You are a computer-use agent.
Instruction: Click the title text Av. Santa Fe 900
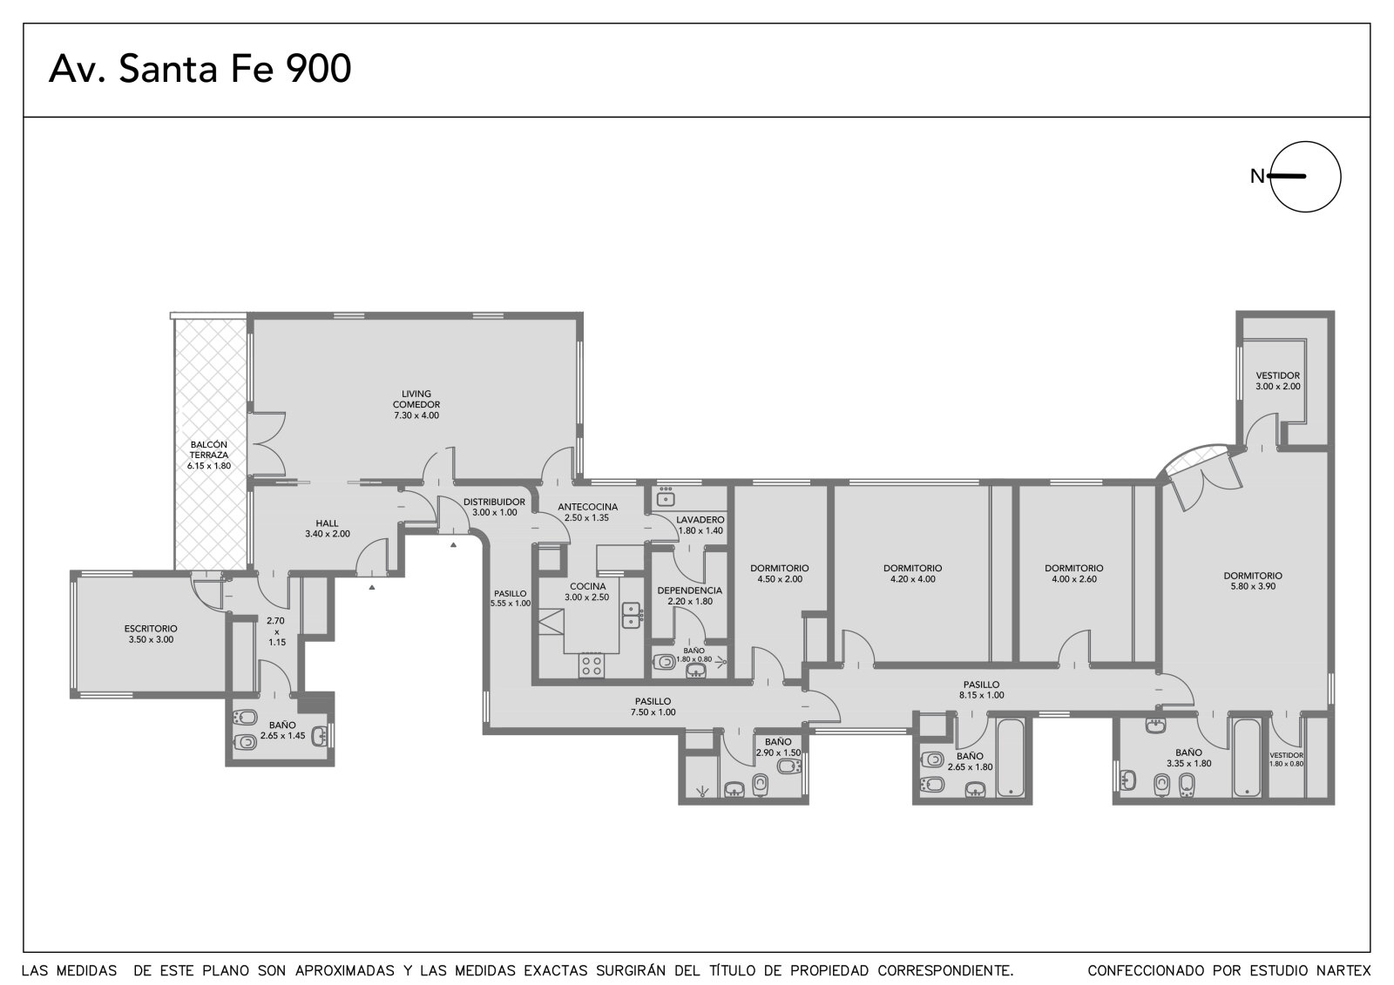click(x=200, y=69)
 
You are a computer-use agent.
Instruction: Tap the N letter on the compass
click(x=1257, y=177)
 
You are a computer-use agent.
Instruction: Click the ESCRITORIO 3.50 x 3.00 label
click(x=151, y=634)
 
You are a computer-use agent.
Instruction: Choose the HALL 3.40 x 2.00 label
click(x=328, y=529)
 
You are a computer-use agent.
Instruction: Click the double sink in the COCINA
click(x=633, y=615)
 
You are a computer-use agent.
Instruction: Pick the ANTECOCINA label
click(x=587, y=507)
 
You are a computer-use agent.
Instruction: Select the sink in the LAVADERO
click(x=667, y=497)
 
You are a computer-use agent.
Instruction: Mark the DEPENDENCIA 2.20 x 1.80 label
click(x=689, y=596)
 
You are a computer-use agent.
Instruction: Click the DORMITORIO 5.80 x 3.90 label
click(x=1253, y=581)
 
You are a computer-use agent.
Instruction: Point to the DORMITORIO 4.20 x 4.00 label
click(x=912, y=573)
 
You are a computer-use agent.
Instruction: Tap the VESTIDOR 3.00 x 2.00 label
click(x=1277, y=381)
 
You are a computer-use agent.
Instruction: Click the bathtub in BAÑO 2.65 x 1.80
click(x=1011, y=759)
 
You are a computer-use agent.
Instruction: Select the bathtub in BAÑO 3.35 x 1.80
click(x=1246, y=758)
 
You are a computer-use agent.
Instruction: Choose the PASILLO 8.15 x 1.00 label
click(x=981, y=690)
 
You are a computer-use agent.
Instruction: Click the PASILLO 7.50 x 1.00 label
click(x=653, y=707)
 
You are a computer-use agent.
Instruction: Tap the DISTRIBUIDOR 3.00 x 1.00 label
click(x=494, y=507)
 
